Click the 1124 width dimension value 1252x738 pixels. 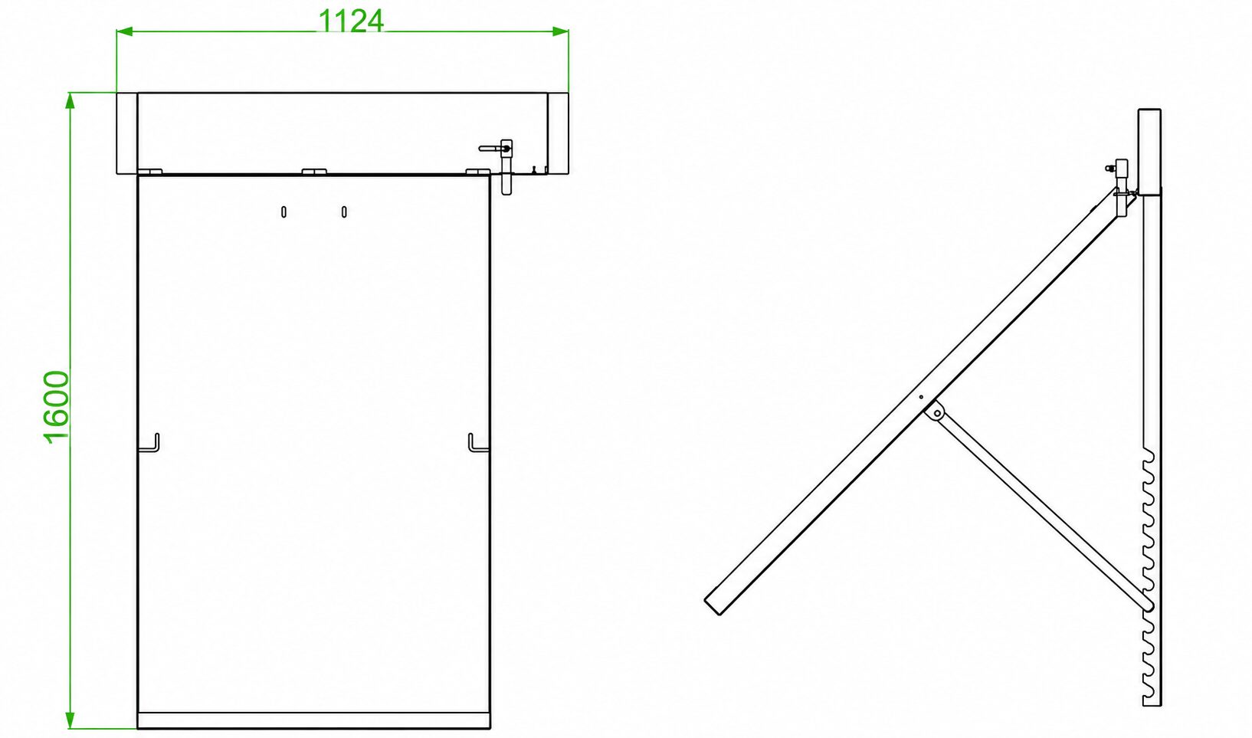pos(351,21)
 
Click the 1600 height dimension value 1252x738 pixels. pos(57,407)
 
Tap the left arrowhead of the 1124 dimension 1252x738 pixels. pos(124,31)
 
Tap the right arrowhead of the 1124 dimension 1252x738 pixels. pos(561,31)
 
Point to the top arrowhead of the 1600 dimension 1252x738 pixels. pos(70,100)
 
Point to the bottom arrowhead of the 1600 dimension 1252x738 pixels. pos(70,720)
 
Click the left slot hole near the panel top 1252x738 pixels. pos(284,212)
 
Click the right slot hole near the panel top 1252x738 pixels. pos(344,212)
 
